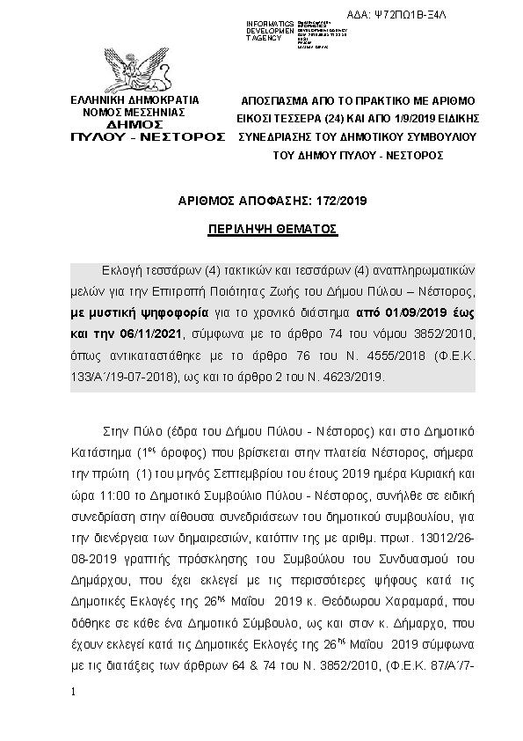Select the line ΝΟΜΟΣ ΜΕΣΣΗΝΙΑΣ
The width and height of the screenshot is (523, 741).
pos(134,113)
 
